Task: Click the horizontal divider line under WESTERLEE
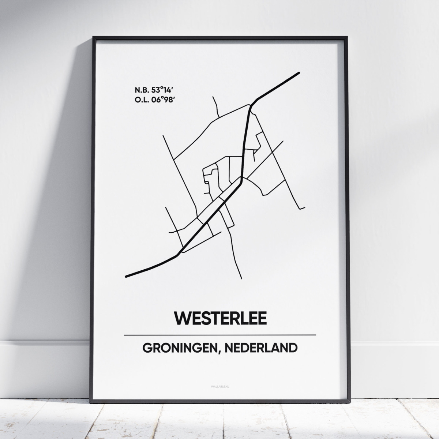(220, 335)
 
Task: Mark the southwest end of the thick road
(127, 276)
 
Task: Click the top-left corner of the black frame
(94, 37)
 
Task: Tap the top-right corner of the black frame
(346, 37)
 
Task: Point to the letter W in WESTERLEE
(181, 318)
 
